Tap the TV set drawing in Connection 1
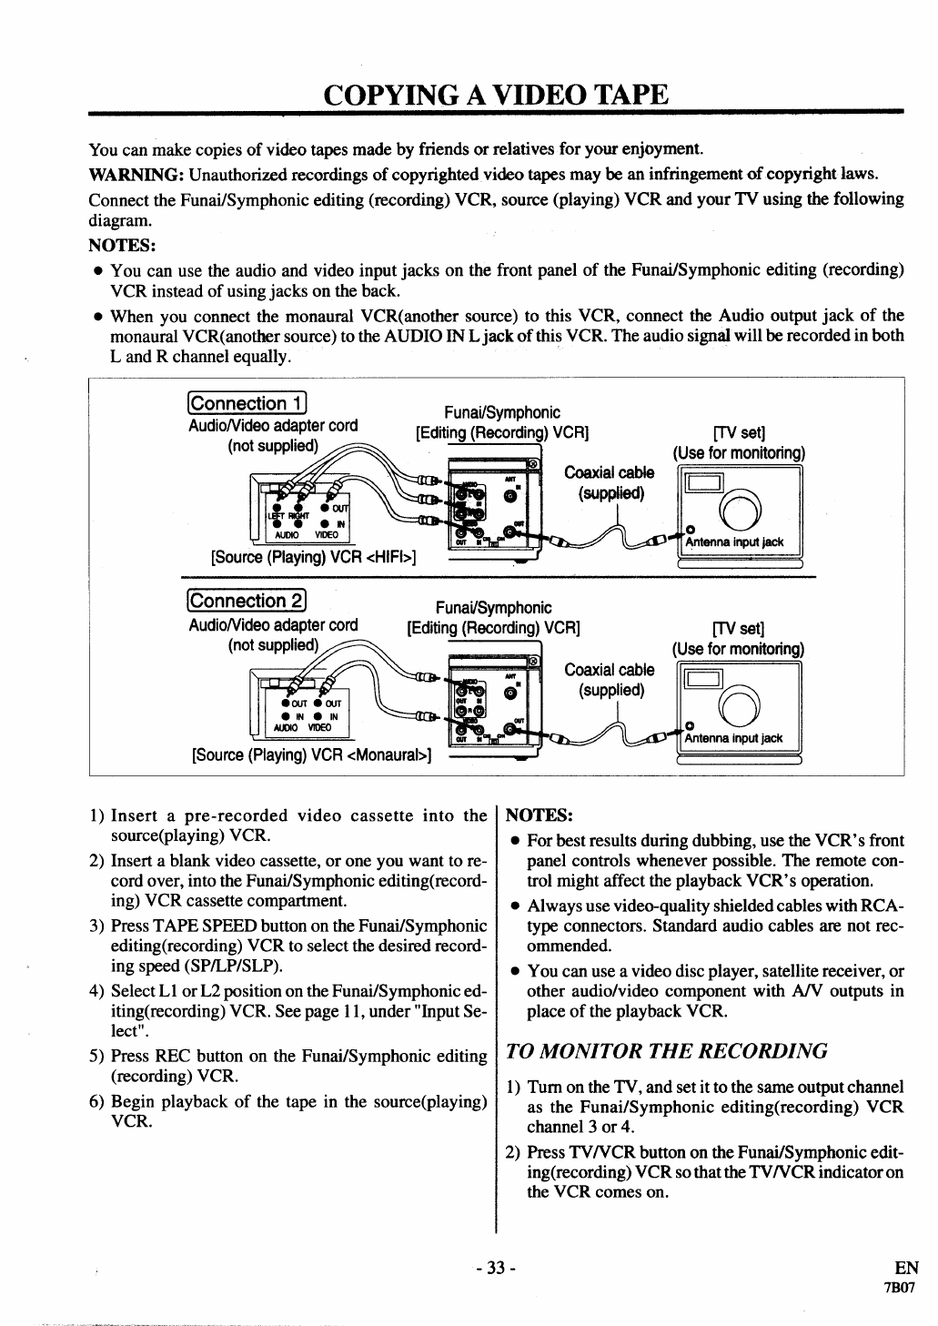[738, 513]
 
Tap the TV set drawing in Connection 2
[738, 709]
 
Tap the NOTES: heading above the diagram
[123, 245]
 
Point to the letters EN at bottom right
[906, 1268]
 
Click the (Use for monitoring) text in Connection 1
[739, 453]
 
